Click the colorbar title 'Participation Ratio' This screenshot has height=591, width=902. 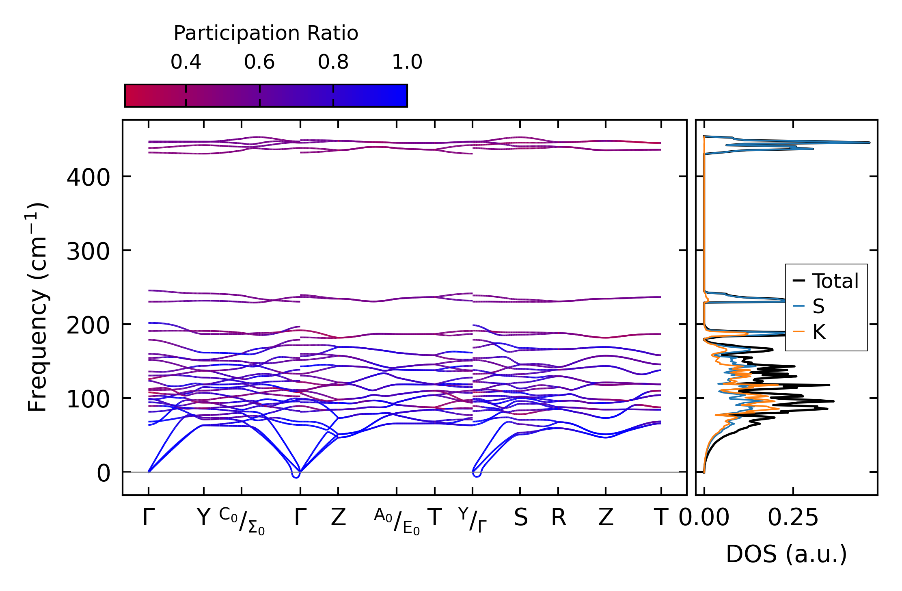tap(266, 33)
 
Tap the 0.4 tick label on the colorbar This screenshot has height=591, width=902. tap(186, 62)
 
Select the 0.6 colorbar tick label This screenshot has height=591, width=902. tap(259, 62)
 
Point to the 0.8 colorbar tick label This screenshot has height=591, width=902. tap(333, 62)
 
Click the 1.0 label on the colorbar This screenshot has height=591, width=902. tap(407, 62)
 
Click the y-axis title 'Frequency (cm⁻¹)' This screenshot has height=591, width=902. tap(38, 307)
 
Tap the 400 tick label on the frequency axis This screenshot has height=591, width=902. tap(88, 178)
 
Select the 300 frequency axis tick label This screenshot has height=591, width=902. tap(88, 251)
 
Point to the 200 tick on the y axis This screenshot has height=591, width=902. tap(88, 325)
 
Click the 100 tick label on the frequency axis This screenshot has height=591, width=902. tap(88, 399)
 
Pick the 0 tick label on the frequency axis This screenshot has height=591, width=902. tap(103, 473)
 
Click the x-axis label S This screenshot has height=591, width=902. tap(521, 517)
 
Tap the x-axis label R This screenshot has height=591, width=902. tap(559, 517)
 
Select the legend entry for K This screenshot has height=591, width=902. tap(819, 332)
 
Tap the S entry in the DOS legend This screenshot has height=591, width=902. tap(818, 306)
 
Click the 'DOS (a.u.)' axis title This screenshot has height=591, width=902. tap(786, 554)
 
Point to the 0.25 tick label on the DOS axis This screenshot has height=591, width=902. tap(793, 517)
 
